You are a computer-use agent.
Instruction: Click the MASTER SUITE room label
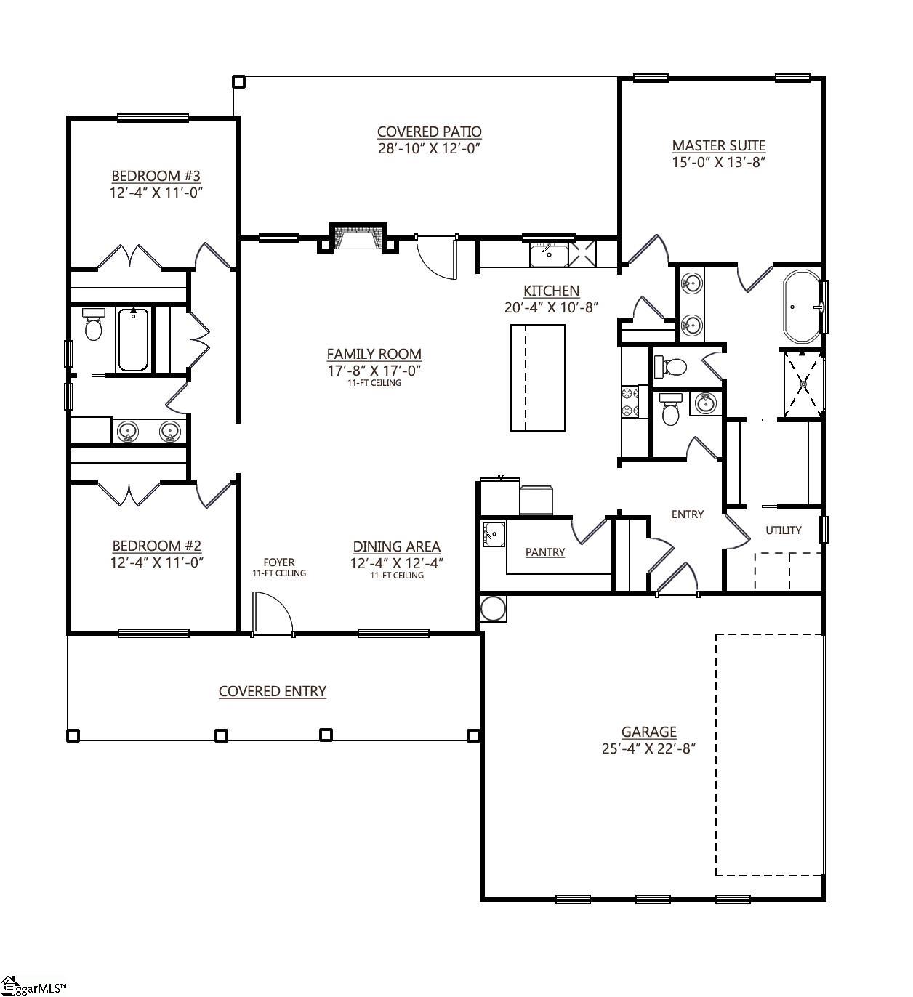(718, 145)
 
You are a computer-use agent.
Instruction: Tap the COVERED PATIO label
(429, 132)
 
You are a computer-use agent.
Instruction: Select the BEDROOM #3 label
(156, 176)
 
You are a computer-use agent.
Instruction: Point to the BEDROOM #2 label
(156, 546)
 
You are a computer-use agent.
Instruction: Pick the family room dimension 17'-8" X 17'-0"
(374, 371)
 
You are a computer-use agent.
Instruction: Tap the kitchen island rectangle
(538, 378)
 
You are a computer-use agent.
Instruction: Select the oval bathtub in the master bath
(802, 306)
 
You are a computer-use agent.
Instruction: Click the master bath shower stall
(803, 384)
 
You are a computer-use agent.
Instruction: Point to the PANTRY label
(545, 552)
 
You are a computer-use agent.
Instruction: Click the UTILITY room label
(783, 530)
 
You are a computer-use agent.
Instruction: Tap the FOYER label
(279, 562)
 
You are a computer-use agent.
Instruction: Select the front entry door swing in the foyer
(273, 613)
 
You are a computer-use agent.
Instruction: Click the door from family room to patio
(437, 257)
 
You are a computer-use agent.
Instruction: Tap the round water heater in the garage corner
(493, 609)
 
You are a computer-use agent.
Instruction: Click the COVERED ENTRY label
(273, 691)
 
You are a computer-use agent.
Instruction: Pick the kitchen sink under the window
(549, 256)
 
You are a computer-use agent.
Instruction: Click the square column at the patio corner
(238, 81)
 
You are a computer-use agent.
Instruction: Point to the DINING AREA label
(397, 546)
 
